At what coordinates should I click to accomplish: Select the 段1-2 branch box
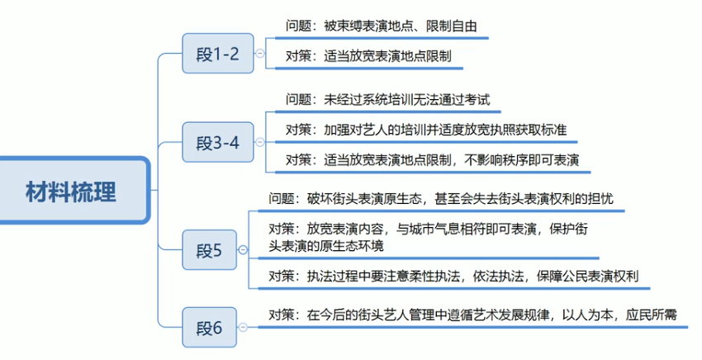tap(217, 54)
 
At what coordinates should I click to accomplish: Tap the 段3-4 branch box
tap(217, 141)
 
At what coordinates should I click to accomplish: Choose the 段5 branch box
tap(208, 249)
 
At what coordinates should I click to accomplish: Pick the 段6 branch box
tap(208, 327)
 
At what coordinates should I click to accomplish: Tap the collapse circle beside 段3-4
tap(260, 142)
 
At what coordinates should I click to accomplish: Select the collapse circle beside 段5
tap(242, 249)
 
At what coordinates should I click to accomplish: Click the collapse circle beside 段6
tap(242, 327)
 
